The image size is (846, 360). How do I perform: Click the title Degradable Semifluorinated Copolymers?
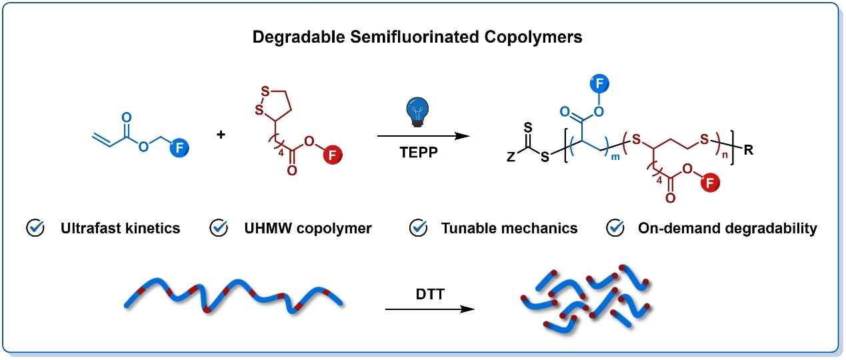tap(417, 37)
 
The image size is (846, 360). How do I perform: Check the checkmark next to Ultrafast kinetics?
tap(35, 228)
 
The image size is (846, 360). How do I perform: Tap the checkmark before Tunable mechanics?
tap(418, 228)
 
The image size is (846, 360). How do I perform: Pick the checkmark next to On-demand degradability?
tap(614, 228)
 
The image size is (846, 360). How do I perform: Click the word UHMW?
tap(265, 228)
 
